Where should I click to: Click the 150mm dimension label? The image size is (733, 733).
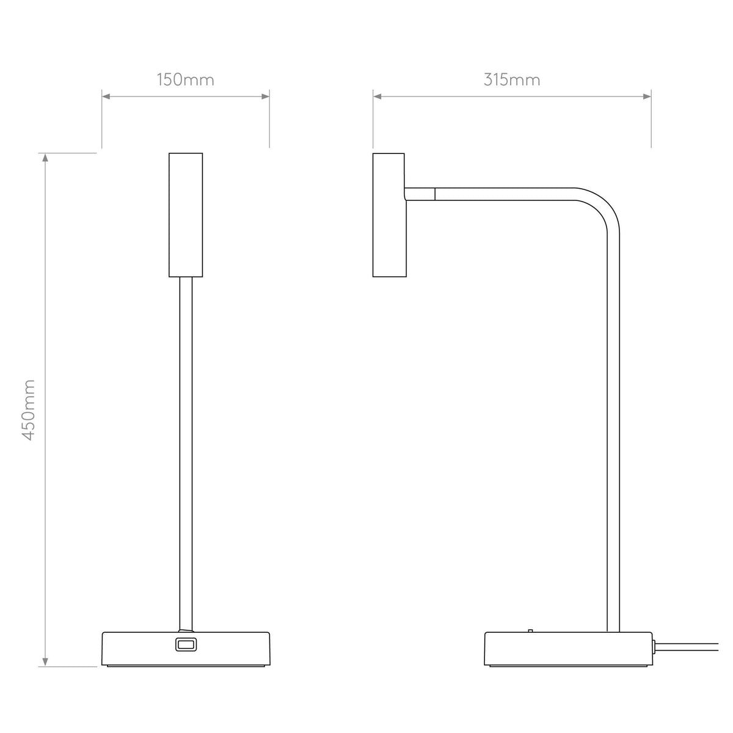point(186,80)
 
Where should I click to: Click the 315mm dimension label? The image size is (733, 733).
point(512,80)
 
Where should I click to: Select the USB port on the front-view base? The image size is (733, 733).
point(185,644)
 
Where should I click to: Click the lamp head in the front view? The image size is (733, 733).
point(185,214)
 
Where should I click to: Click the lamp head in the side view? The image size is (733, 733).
point(388,214)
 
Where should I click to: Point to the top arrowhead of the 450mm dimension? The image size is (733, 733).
point(45,158)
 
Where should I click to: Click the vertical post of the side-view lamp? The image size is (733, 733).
point(613,428)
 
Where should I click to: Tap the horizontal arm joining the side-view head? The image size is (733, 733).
point(489,194)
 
